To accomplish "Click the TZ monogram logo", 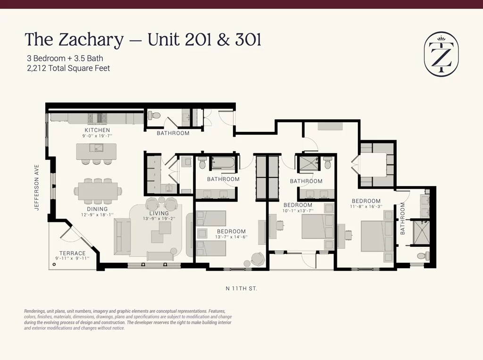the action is [441, 54].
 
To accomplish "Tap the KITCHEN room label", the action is [97, 130].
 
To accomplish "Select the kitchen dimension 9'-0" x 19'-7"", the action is [97, 136].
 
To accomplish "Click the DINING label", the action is [97, 209].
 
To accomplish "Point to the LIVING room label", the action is [159, 213].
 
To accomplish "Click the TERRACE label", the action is [72, 253].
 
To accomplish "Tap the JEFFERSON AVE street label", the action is [37, 188].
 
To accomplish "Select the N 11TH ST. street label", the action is [241, 289].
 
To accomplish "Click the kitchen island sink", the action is [96, 148].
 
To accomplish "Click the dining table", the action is [98, 191].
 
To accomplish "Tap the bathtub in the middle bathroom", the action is [223, 163].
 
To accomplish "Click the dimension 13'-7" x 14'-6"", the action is [231, 237].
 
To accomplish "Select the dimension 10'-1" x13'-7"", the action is [298, 211].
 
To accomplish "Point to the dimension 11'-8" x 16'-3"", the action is [366, 206].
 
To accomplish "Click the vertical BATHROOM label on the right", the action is [402, 219].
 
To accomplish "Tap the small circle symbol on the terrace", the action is [54, 264].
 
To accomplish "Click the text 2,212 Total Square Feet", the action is [68, 68].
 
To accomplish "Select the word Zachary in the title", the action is [91, 41].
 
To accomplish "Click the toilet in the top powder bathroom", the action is [154, 115].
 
